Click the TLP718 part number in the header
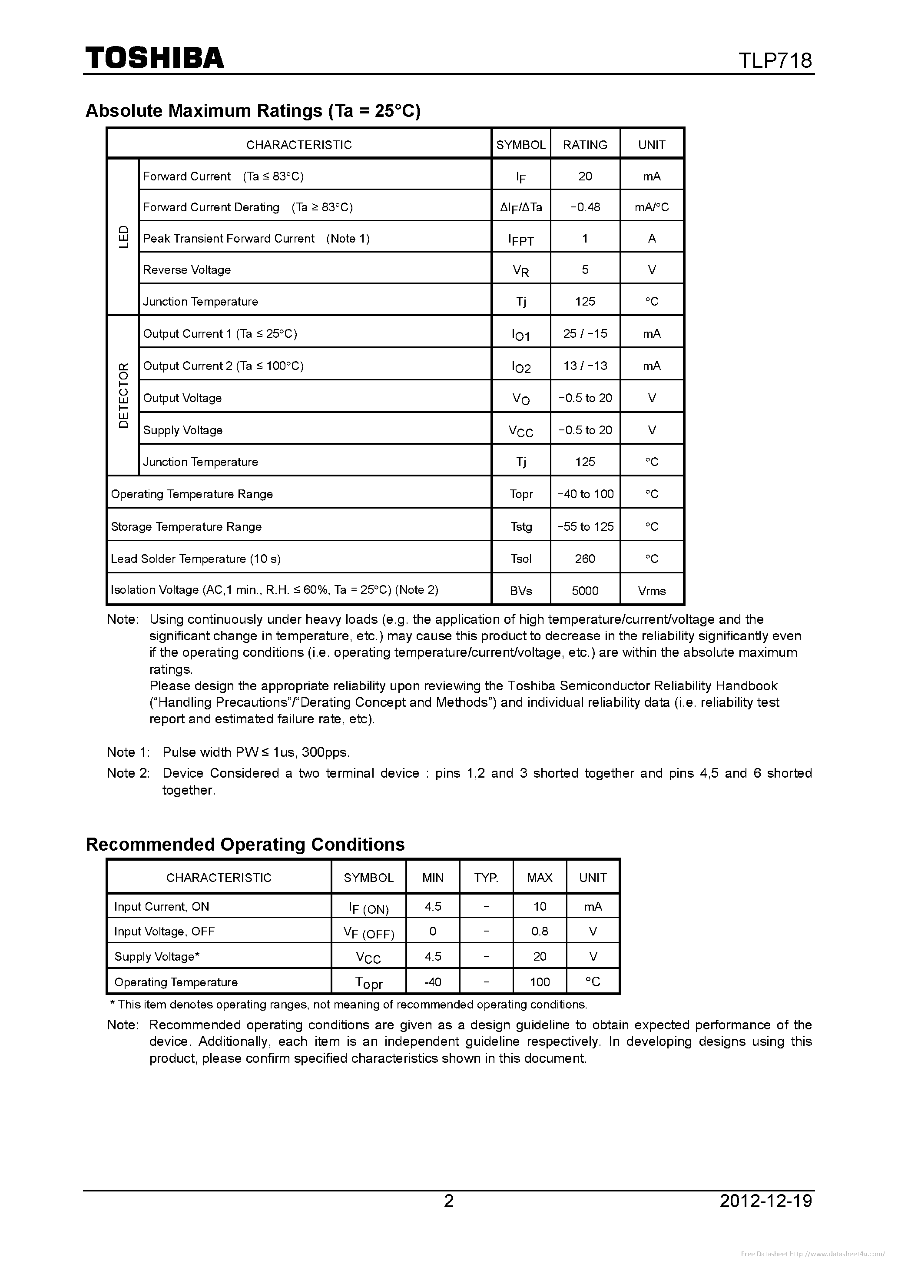click(x=775, y=60)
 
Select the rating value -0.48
click(x=585, y=207)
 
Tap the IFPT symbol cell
click(x=520, y=239)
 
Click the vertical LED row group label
click(x=123, y=237)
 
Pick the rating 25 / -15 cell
click(x=585, y=334)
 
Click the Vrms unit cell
click(x=651, y=591)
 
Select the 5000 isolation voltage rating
click(x=585, y=591)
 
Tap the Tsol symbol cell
click(x=520, y=559)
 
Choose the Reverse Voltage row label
click(x=187, y=270)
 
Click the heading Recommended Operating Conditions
click(x=245, y=844)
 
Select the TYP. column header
click(x=486, y=878)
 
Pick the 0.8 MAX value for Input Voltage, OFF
click(x=540, y=931)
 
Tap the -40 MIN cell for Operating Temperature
click(x=432, y=982)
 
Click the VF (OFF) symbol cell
click(x=368, y=933)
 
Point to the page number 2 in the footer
click(x=449, y=1201)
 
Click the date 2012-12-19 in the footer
click(x=766, y=1201)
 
